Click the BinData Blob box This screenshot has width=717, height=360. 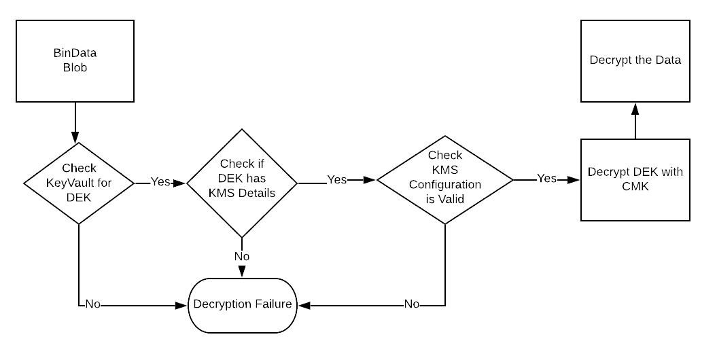[x=75, y=61]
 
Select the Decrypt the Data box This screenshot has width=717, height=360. [x=635, y=60]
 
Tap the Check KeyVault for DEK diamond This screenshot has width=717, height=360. [x=79, y=183]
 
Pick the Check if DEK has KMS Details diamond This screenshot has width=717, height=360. [x=242, y=183]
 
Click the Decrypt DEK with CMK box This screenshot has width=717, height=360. [x=635, y=179]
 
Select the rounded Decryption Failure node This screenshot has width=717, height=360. [x=243, y=304]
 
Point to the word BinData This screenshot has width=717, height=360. [x=75, y=54]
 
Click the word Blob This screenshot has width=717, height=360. [x=75, y=68]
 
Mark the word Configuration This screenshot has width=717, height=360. [x=444, y=185]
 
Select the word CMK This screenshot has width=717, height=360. [x=635, y=186]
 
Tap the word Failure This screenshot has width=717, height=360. [x=275, y=304]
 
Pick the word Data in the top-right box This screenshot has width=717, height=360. [x=667, y=60]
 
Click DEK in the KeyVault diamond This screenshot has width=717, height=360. [x=79, y=198]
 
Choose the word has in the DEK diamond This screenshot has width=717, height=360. [x=257, y=179]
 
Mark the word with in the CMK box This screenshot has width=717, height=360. [x=671, y=172]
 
